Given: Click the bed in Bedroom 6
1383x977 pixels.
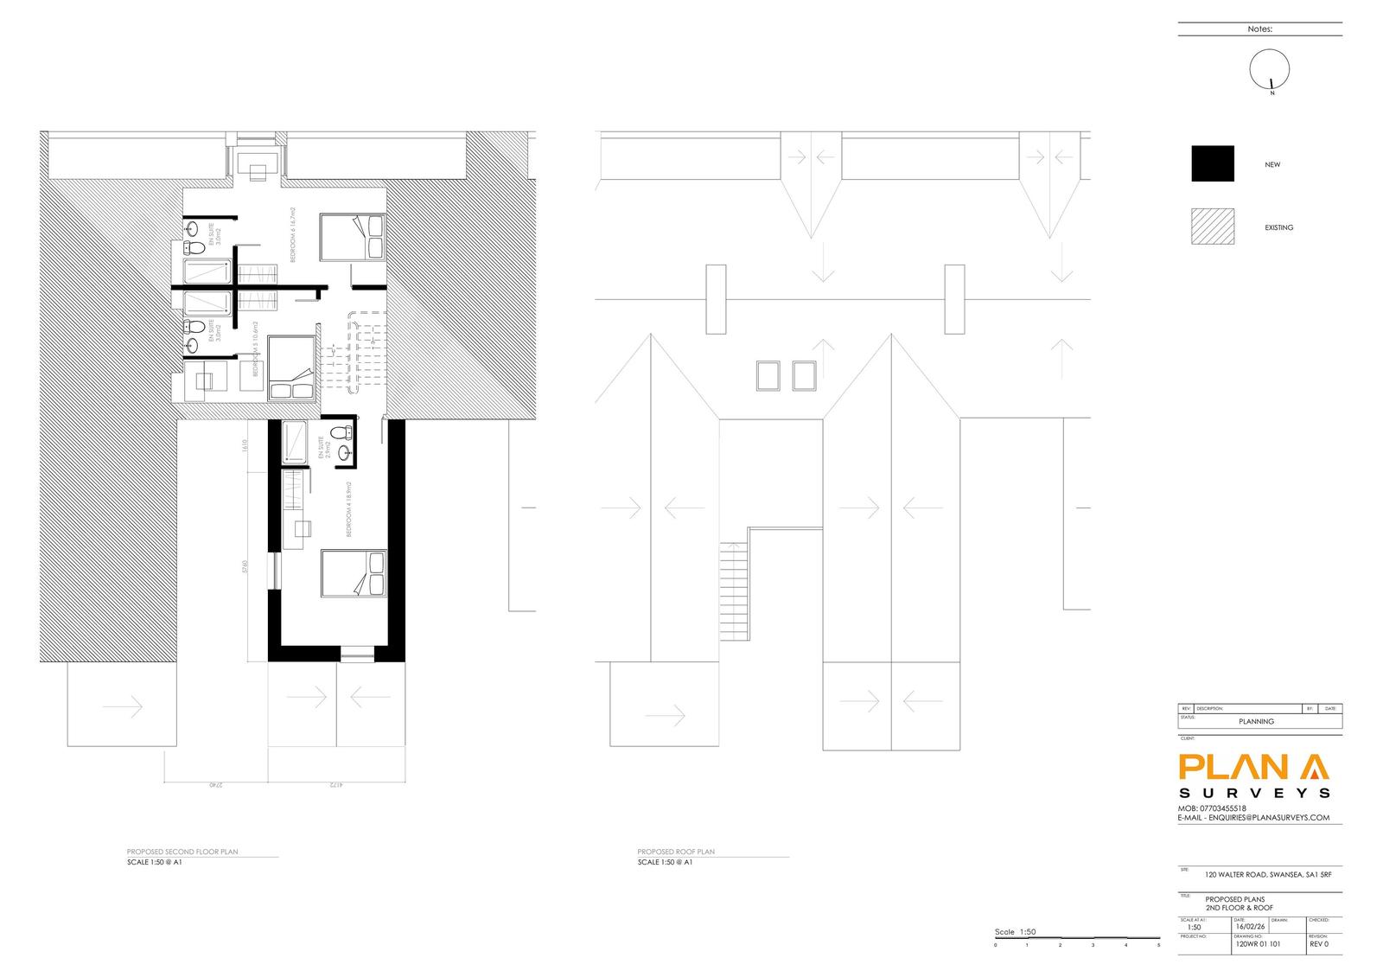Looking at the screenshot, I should tap(352, 237).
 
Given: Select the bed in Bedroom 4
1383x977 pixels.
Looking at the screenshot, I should tap(352, 573).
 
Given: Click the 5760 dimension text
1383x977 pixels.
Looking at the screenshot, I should tap(245, 568).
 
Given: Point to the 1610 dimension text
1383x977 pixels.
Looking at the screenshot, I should tap(245, 446).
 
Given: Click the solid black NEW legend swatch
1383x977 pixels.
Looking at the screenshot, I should tap(1213, 163).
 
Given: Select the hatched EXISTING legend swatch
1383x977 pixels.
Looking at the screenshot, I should tap(1213, 227).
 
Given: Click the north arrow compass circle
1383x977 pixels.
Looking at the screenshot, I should tap(1270, 68).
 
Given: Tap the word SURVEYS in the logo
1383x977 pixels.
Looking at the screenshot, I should tap(1254, 792).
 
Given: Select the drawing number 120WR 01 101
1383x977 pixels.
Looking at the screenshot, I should tap(1258, 944).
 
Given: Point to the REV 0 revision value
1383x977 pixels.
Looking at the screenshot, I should tap(1319, 944).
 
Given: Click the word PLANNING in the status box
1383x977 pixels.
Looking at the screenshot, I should tap(1256, 721).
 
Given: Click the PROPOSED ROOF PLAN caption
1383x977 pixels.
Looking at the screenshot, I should tap(676, 852).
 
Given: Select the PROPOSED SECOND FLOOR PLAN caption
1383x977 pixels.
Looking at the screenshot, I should tap(182, 852).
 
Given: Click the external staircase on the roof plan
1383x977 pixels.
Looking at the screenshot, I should tap(734, 590).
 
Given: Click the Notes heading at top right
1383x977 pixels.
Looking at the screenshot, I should tap(1259, 29).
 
